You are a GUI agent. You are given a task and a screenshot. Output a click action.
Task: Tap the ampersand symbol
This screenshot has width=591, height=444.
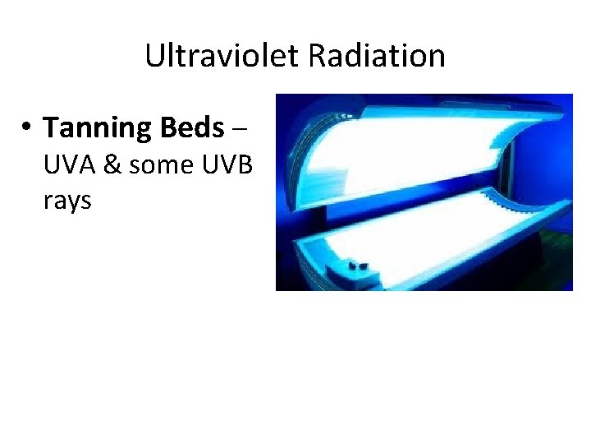(x=112, y=164)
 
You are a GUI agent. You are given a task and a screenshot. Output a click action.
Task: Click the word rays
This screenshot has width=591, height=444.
(x=67, y=200)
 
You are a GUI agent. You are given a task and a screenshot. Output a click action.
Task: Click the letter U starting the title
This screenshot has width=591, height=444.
(x=154, y=56)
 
